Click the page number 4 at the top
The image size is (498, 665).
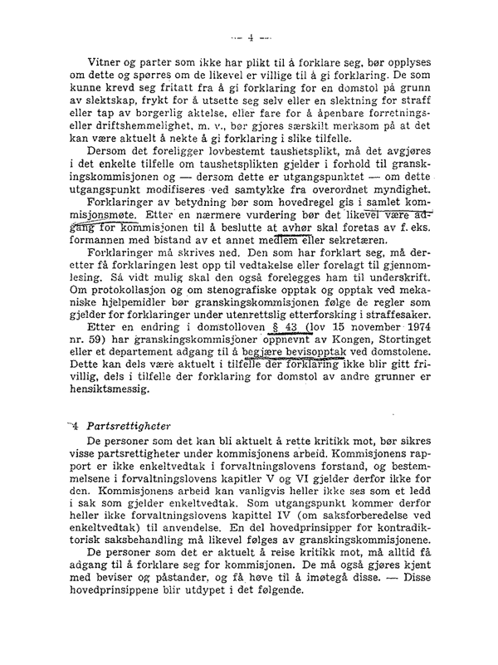248,37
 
